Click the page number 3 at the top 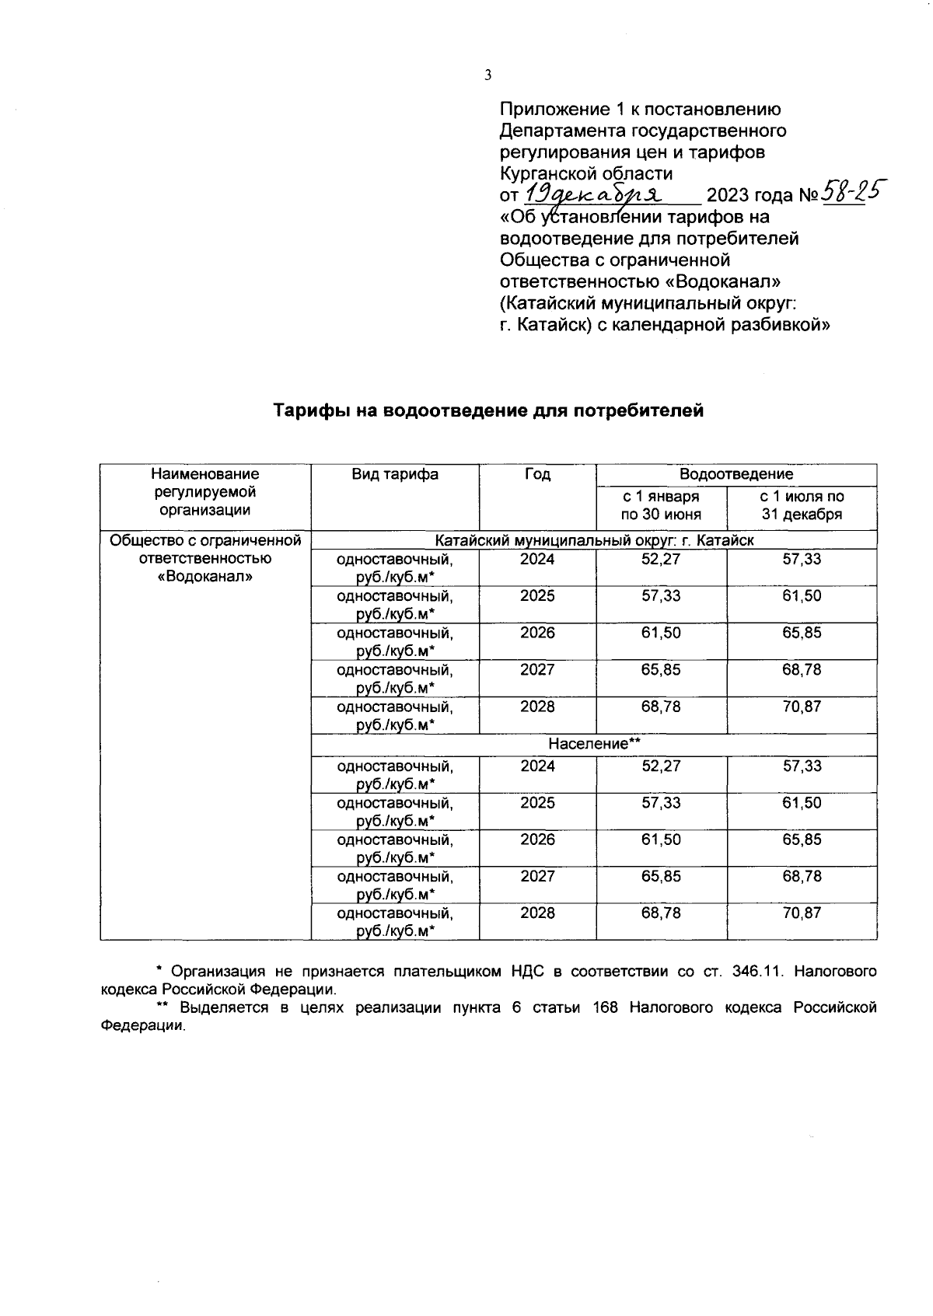pos(487,75)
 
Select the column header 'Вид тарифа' pos(394,474)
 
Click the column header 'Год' pos(537,474)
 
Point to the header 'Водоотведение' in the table pos(736,474)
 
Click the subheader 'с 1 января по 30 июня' pos(660,505)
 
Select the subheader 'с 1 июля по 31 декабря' pos(802,505)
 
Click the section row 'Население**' pos(594,744)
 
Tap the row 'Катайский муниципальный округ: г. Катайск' pos(594,540)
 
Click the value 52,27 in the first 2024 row pos(660,560)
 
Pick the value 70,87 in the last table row pos(802,913)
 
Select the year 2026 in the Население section pos(537,840)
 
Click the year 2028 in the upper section pos(537,707)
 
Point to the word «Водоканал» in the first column pos(204,578)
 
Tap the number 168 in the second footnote pos(605,1008)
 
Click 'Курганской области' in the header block pos(586,173)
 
